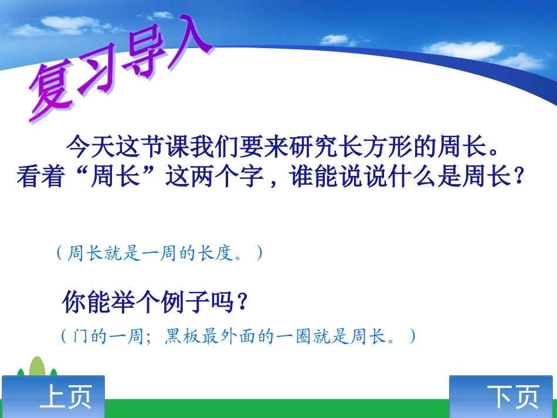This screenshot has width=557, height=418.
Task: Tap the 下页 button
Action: tap(502, 397)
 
